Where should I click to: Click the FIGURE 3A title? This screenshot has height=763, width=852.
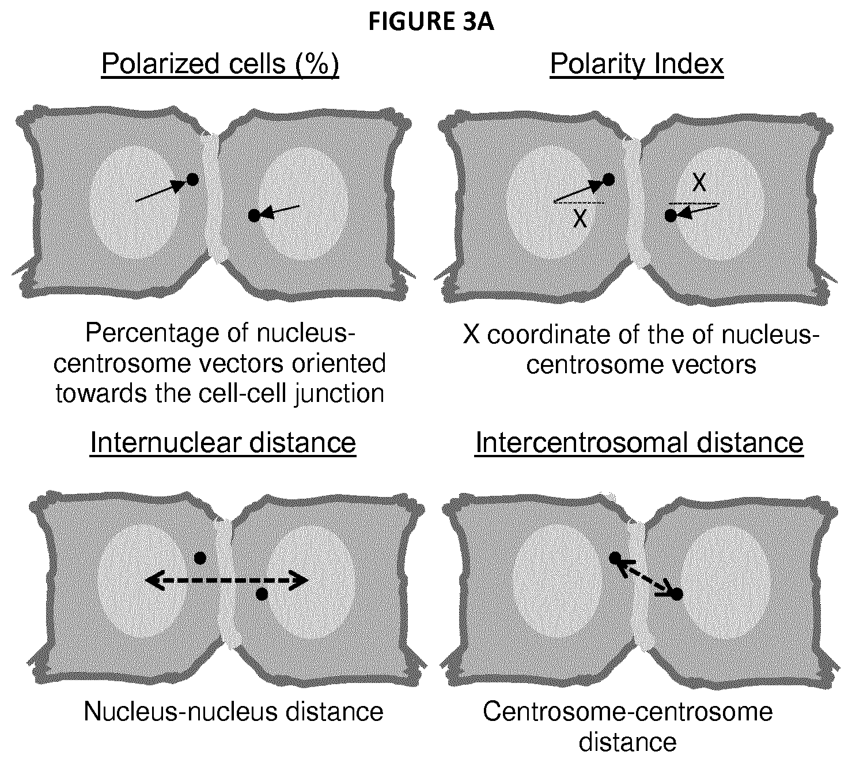[431, 22]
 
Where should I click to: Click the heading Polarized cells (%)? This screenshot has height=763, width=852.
[220, 64]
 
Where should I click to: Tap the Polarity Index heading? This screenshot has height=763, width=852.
[637, 64]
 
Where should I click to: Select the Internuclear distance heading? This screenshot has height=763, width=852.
[223, 443]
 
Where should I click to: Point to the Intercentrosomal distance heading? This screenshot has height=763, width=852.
[639, 443]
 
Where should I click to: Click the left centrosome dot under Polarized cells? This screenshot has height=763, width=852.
[192, 180]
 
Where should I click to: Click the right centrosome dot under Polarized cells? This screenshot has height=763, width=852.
[254, 216]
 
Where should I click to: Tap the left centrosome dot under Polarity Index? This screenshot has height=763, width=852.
[608, 180]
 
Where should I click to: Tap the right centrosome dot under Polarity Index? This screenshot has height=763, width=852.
[671, 216]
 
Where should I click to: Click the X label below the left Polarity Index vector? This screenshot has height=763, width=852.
[580, 219]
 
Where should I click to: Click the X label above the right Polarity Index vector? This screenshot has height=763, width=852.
[699, 183]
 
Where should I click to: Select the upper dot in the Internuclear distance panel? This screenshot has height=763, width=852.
[200, 558]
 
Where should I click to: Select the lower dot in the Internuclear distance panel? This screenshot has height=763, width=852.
[262, 594]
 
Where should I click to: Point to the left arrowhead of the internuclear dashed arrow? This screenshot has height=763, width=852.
[152, 580]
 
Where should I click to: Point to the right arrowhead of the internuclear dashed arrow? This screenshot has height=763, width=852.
[300, 580]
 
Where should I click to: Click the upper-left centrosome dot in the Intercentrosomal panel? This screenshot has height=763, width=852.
[615, 558]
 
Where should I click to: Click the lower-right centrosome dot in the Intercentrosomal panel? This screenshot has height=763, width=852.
[677, 594]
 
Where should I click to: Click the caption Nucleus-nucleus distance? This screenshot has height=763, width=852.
[233, 711]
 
